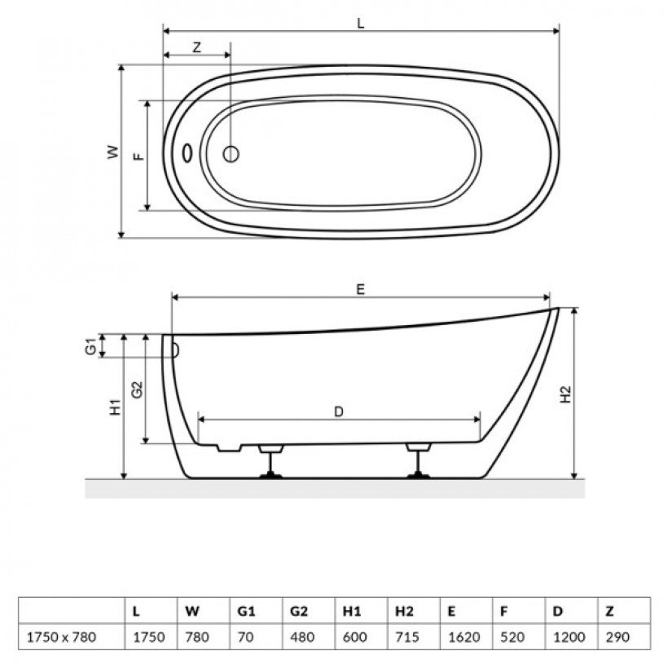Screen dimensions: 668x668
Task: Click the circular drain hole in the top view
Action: pyautogui.click(x=231, y=154)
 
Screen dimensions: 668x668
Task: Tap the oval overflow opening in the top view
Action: pyautogui.click(x=187, y=153)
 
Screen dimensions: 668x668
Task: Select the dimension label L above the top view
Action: pyautogui.click(x=361, y=24)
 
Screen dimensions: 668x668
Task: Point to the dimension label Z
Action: pyautogui.click(x=196, y=47)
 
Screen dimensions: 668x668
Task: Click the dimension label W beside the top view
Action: pyautogui.click(x=113, y=152)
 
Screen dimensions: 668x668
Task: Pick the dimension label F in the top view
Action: pyautogui.click(x=138, y=156)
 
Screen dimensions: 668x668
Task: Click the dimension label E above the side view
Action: pyautogui.click(x=360, y=290)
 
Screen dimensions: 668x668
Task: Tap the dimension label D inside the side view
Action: pyautogui.click(x=339, y=412)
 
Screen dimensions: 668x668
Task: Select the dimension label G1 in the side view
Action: pyautogui.click(x=90, y=346)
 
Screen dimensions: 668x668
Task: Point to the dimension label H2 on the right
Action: pyautogui.click(x=565, y=394)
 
